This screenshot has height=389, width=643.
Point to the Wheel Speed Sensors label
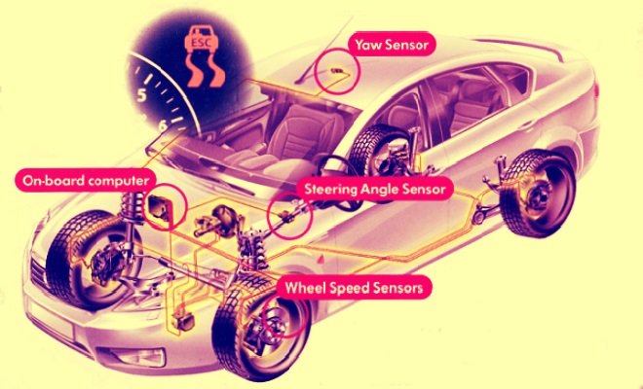pyautogui.click(x=355, y=288)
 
